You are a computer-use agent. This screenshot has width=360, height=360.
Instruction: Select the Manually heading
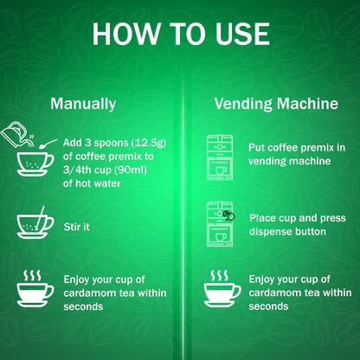tap(83, 104)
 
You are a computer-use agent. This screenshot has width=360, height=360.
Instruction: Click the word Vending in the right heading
tap(243, 104)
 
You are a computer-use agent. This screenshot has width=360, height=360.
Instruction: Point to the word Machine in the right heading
tap(307, 103)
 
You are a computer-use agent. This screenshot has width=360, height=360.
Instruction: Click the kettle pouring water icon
tap(17, 134)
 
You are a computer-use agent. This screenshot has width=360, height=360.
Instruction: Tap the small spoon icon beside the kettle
tap(48, 144)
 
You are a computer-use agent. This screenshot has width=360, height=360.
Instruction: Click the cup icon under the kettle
tap(35, 164)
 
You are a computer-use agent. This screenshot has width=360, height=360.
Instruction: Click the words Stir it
tap(76, 227)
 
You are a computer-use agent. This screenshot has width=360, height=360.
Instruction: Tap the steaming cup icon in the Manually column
tap(35, 288)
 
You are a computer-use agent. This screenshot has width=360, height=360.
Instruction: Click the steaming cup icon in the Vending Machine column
tap(222, 288)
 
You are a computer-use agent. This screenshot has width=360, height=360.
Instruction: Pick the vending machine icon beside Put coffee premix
tap(220, 157)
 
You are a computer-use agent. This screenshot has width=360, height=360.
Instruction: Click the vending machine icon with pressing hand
tap(221, 224)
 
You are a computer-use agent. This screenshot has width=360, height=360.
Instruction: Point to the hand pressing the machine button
tap(229, 215)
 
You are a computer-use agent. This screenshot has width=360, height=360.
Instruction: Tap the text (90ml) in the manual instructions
tap(131, 170)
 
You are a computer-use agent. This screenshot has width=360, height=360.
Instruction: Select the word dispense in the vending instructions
tap(267, 232)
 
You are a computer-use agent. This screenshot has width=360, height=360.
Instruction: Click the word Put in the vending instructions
tap(256, 147)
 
